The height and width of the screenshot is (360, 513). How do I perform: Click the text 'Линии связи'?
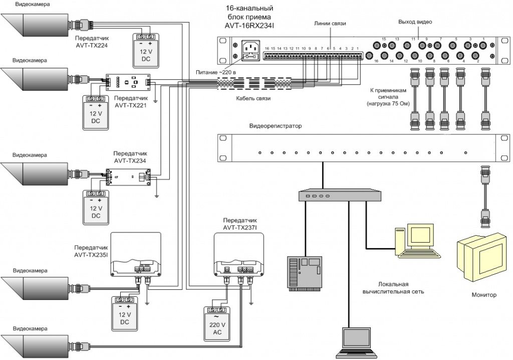(x=330, y=23)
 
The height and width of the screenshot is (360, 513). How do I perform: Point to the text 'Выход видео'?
(x=415, y=22)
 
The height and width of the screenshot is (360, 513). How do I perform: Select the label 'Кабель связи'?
(x=253, y=98)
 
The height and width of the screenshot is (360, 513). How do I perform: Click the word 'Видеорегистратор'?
(x=276, y=126)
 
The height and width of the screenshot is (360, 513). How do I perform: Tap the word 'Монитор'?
(x=484, y=295)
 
